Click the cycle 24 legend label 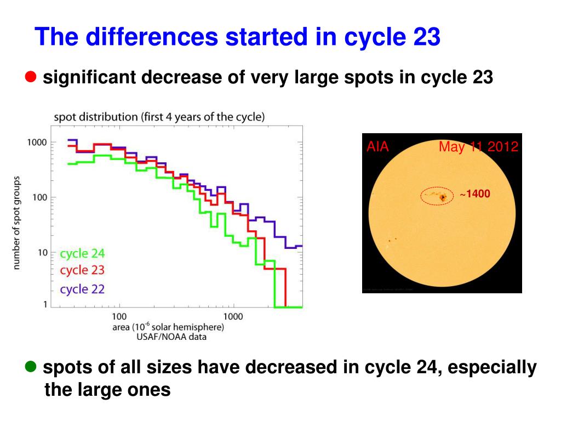[x=82, y=253]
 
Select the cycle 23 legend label [x=82, y=270]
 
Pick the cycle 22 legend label [x=82, y=289]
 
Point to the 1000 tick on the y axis [x=37, y=143]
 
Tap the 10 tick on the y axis [x=42, y=253]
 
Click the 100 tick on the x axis [x=119, y=316]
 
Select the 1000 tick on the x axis [x=233, y=316]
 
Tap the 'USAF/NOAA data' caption [x=171, y=337]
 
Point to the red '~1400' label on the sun [x=474, y=194]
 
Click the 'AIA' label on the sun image [x=377, y=147]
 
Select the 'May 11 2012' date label [x=478, y=147]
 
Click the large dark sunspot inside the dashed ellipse [x=443, y=197]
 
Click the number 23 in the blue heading [x=425, y=37]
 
